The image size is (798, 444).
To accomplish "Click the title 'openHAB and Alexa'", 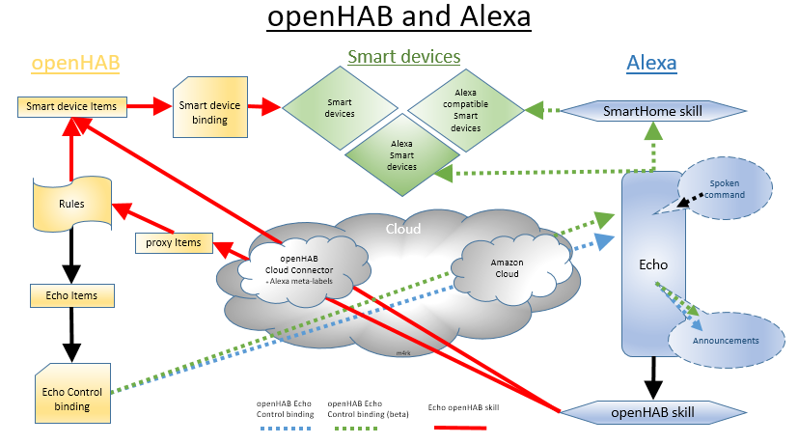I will click(399, 18).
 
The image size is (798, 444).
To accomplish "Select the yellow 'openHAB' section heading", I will click(76, 64).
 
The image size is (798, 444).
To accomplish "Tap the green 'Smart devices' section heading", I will click(403, 57).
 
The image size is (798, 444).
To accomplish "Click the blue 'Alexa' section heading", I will click(651, 64).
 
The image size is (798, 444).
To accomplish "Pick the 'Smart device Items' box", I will click(72, 105).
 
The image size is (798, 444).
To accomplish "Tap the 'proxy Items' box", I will click(174, 242).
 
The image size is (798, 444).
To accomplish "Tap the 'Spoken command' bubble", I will click(727, 188).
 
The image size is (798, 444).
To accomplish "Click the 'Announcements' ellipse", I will click(726, 341).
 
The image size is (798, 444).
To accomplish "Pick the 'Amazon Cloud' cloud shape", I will click(507, 266).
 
